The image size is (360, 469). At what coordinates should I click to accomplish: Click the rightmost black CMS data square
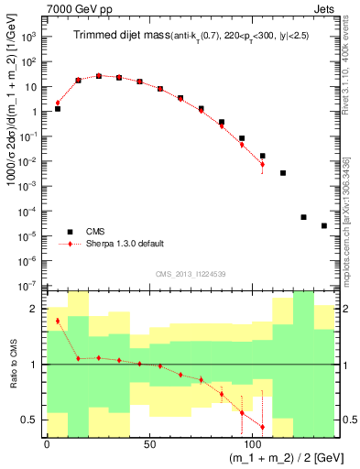pos(324,225)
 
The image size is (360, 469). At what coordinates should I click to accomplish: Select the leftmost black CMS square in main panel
pos(58,109)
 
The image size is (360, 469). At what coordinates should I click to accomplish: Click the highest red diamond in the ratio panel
pos(58,321)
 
